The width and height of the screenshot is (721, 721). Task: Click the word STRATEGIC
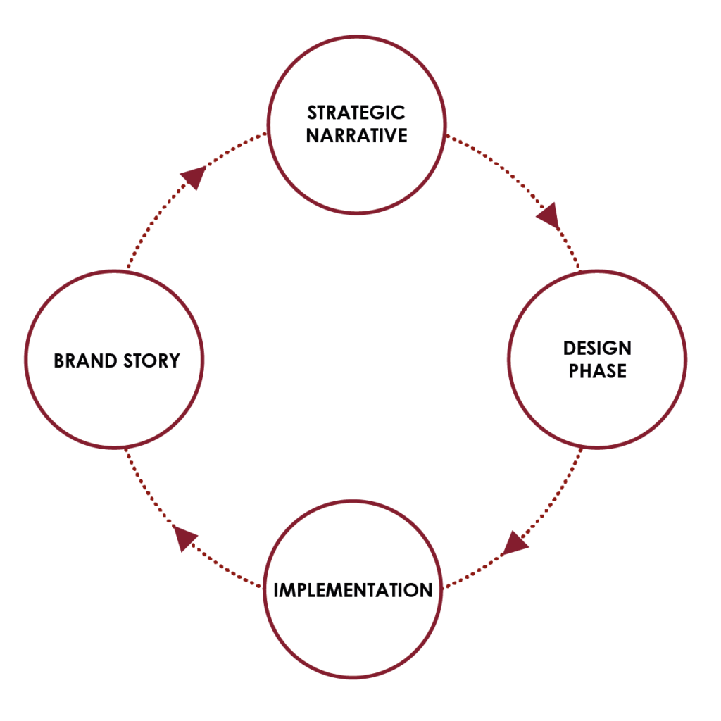pos(356,113)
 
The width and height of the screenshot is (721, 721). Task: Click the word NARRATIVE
pos(356,136)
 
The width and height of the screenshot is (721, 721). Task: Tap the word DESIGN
pos(597,348)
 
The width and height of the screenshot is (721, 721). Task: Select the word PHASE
pos(597,371)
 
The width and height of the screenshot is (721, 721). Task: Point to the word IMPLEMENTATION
pos(353,590)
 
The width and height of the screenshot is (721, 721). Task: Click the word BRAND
pos(84,361)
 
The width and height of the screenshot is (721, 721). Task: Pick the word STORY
pos(150,361)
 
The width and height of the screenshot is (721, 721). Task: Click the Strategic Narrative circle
pos(356,169)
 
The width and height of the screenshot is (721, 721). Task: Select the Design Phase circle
pos(597,408)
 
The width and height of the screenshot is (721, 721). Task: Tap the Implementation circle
pos(353,634)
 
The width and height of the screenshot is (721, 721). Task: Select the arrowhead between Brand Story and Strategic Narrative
pos(194,177)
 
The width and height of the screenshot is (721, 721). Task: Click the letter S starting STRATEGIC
pos(312,113)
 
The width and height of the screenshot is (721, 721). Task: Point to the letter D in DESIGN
pos(568,348)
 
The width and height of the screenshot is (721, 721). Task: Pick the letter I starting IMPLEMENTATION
pos(276,590)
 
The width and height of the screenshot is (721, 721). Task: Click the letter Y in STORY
pos(174,361)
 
